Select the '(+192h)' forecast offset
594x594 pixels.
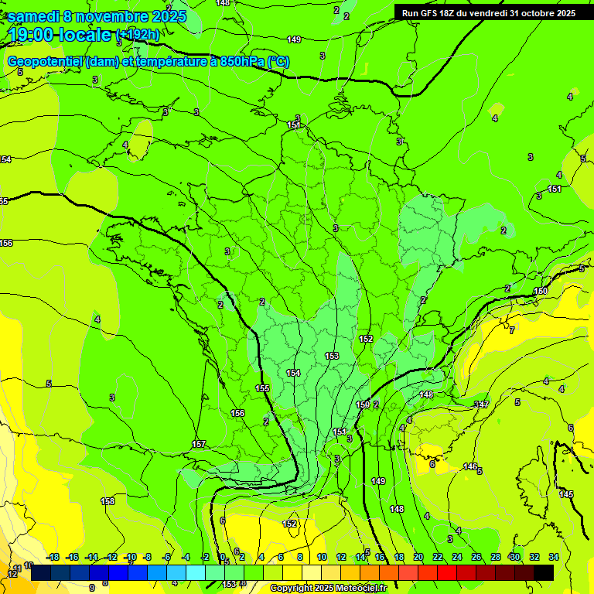pos(138,35)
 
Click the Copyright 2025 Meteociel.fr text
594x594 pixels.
pos(328,589)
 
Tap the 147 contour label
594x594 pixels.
pos(482,405)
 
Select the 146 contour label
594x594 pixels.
pos(469,466)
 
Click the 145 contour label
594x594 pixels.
pos(566,494)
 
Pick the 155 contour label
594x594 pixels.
pos(262,388)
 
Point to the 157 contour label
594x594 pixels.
pos(199,444)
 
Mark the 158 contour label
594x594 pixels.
pos(108,501)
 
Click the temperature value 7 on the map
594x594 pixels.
pos(512,330)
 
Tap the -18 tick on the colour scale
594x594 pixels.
pos(53,557)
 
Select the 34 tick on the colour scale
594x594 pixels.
pos(554,557)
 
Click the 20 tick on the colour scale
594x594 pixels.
pos(418,557)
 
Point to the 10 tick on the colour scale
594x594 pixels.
pos(322,557)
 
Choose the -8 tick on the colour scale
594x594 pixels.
pos(147,557)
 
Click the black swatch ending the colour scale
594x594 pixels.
pos(544,572)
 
